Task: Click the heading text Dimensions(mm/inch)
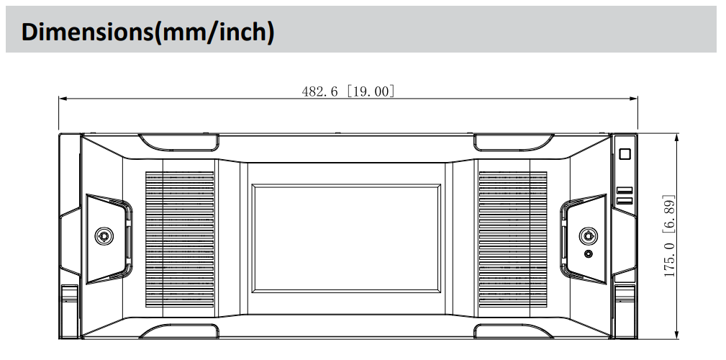click(148, 32)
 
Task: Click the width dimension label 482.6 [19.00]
click(348, 91)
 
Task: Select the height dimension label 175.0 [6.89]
click(669, 236)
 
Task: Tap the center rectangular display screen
click(346, 238)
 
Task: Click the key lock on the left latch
click(104, 236)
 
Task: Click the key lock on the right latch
click(588, 236)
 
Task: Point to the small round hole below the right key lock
click(589, 254)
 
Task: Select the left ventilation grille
click(180, 239)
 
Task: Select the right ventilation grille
click(513, 239)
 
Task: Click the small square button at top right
click(625, 154)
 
